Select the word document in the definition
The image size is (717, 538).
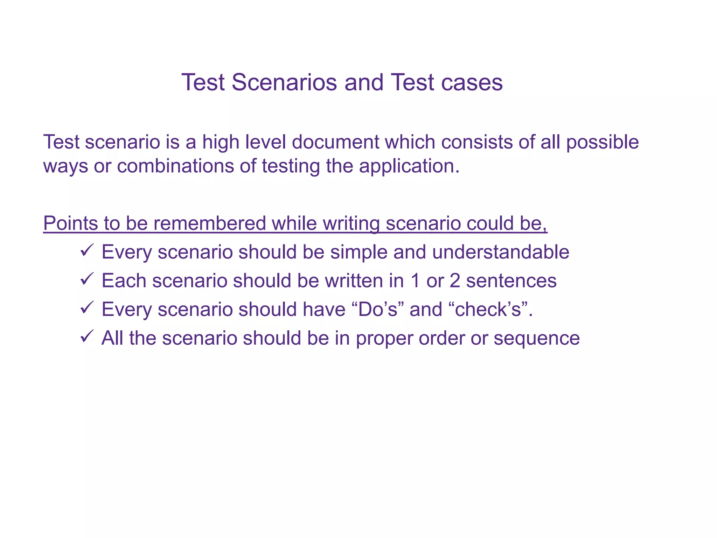(x=335, y=142)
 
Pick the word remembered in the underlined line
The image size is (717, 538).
(x=210, y=223)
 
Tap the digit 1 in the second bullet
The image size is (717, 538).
(x=415, y=281)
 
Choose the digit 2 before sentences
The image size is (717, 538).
(x=454, y=281)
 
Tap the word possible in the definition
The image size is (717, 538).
(x=603, y=143)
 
